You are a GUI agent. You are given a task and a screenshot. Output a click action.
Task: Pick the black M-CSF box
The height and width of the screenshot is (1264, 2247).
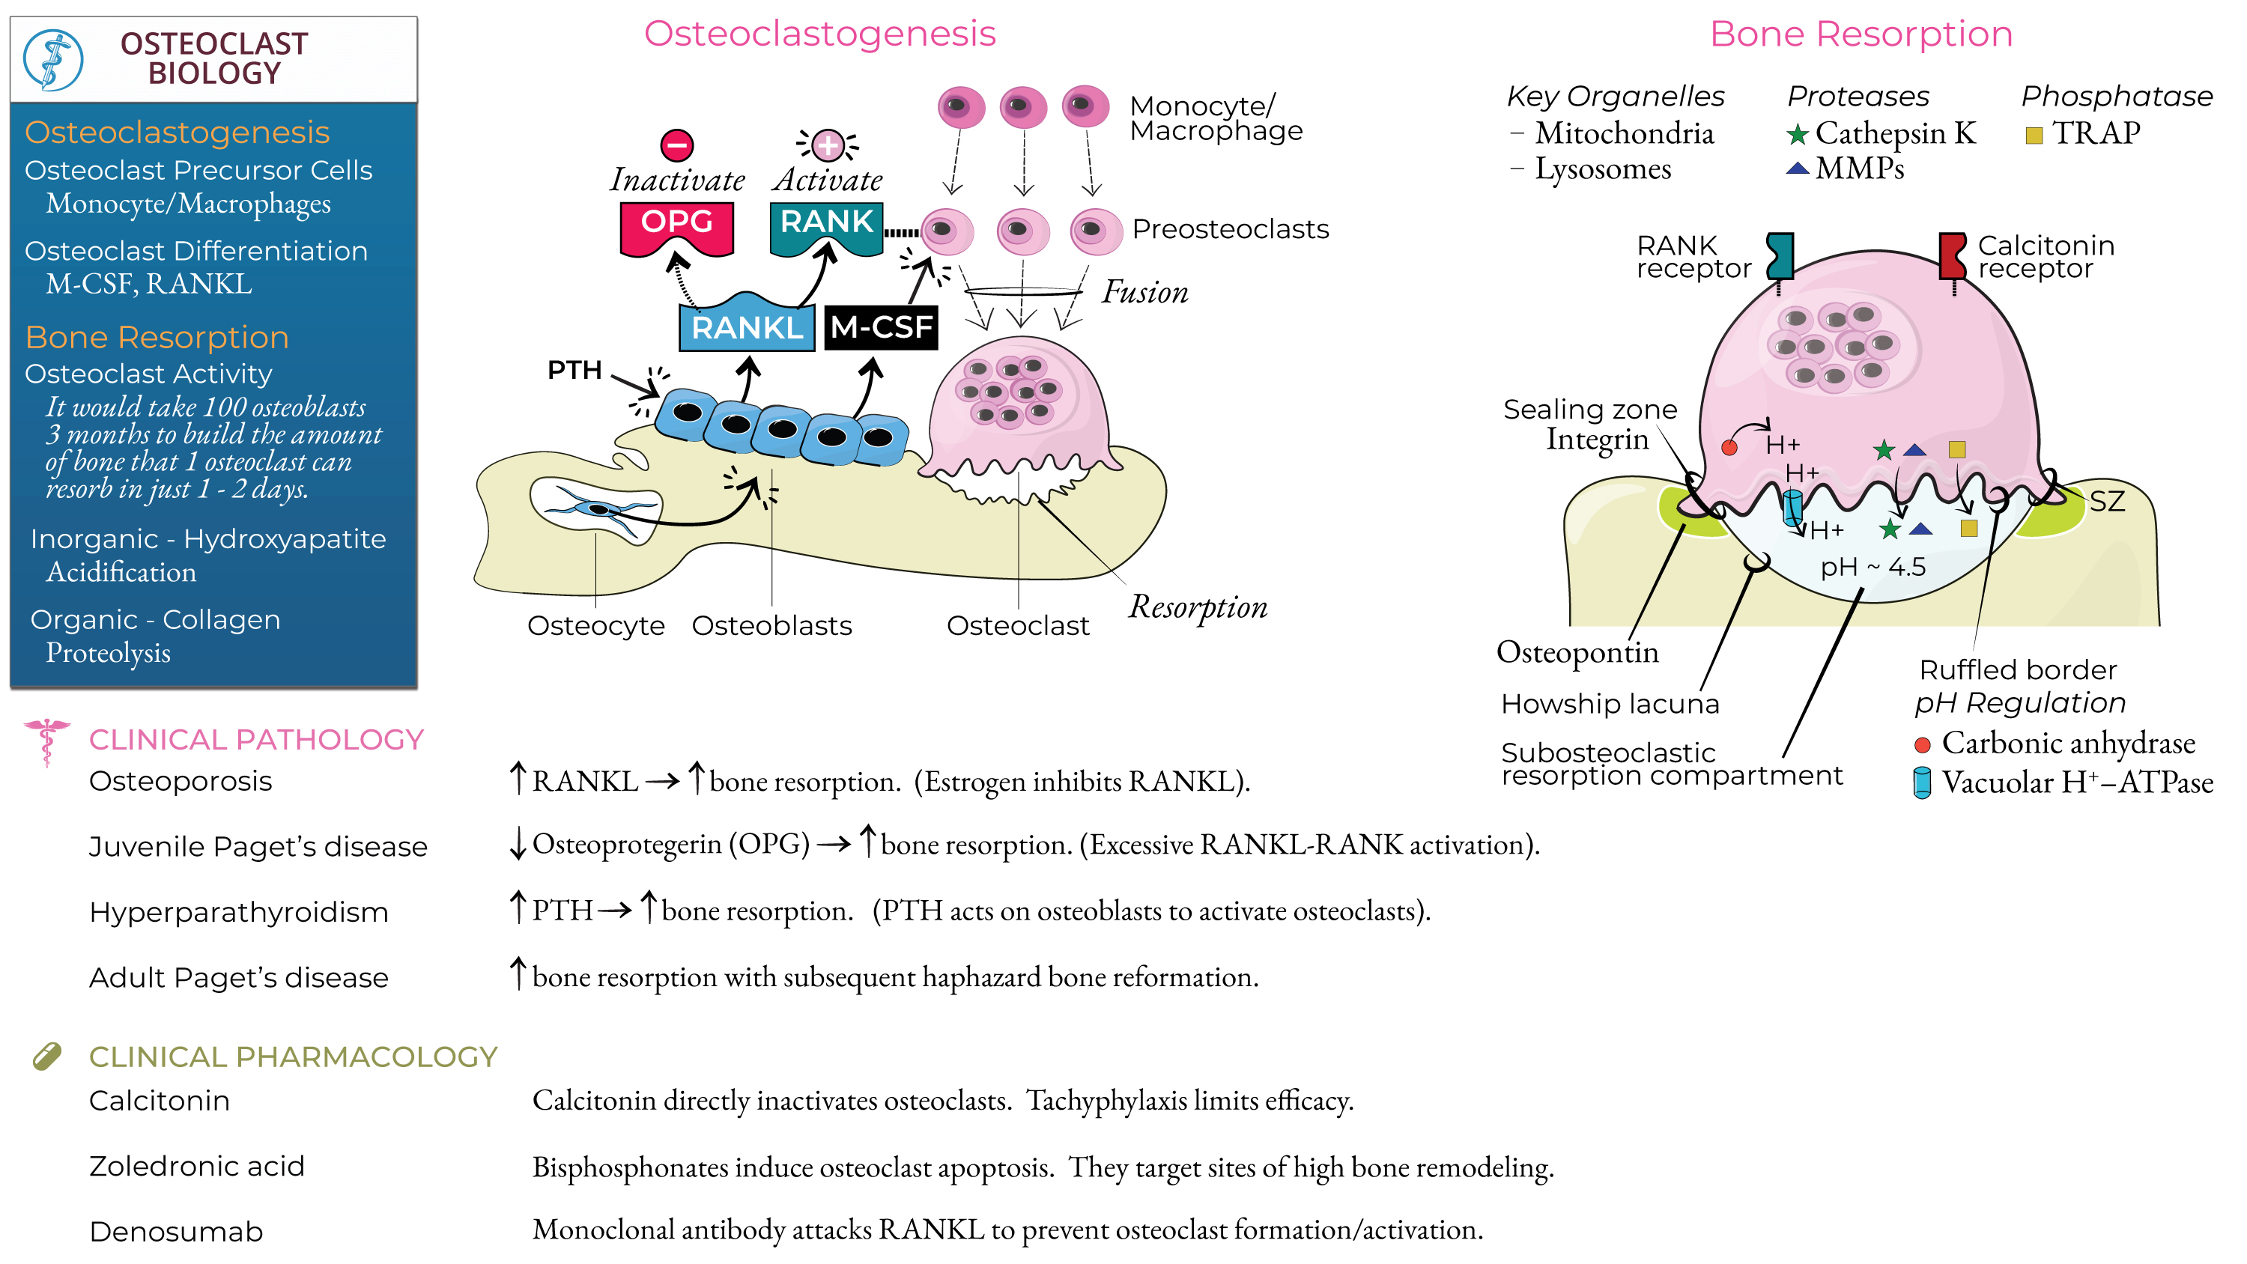point(880,328)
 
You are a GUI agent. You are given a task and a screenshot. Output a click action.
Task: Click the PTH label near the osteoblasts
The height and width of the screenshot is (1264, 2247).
point(574,370)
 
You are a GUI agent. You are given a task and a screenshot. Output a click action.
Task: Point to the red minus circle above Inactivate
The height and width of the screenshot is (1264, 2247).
point(676,145)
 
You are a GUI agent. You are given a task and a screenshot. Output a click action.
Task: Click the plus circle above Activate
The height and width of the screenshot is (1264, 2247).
point(827,145)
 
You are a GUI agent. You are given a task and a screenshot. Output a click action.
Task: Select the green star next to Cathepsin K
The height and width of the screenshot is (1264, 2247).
point(1797,134)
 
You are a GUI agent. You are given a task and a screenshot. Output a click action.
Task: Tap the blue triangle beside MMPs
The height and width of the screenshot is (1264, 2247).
point(1797,168)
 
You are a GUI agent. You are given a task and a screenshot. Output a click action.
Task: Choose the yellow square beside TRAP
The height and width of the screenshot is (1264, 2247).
point(2034,136)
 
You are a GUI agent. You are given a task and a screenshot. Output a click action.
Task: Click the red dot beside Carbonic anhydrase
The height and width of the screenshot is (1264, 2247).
point(1922,745)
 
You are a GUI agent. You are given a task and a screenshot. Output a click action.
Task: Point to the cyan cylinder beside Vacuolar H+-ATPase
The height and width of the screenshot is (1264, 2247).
point(1922,783)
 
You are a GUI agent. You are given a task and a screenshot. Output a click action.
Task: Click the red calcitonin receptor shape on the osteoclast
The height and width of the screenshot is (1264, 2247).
point(1951,255)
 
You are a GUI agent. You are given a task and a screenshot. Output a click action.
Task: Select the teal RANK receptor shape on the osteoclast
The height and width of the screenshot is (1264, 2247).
point(1780,255)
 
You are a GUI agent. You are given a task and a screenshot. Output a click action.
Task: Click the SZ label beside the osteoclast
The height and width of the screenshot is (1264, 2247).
point(2105,502)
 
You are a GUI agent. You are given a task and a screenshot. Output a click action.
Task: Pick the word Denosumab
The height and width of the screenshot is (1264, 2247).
point(176,1232)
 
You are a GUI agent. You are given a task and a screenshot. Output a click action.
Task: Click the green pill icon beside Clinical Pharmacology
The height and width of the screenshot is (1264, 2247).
point(47,1056)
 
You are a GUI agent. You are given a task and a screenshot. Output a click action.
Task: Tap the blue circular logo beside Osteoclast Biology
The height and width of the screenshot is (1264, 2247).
point(53,59)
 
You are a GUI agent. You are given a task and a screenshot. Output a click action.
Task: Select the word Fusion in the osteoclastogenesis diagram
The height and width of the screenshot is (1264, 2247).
point(1144,292)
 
